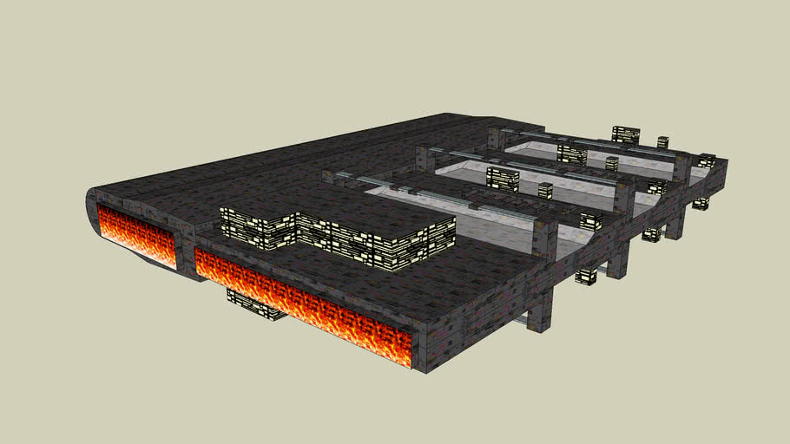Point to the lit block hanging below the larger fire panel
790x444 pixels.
255,304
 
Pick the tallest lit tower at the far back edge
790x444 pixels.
625,134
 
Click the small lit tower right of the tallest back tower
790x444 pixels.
663,142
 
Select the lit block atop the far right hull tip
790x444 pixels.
708,160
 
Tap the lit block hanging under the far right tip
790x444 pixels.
701,203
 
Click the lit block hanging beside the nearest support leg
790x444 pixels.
586,276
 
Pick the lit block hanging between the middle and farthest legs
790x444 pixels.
651,234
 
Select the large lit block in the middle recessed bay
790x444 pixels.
503,179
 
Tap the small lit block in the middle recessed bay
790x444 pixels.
545,190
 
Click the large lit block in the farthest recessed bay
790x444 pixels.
572,154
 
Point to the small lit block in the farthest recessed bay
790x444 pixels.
612,163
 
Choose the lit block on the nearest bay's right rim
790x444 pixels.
590,220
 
